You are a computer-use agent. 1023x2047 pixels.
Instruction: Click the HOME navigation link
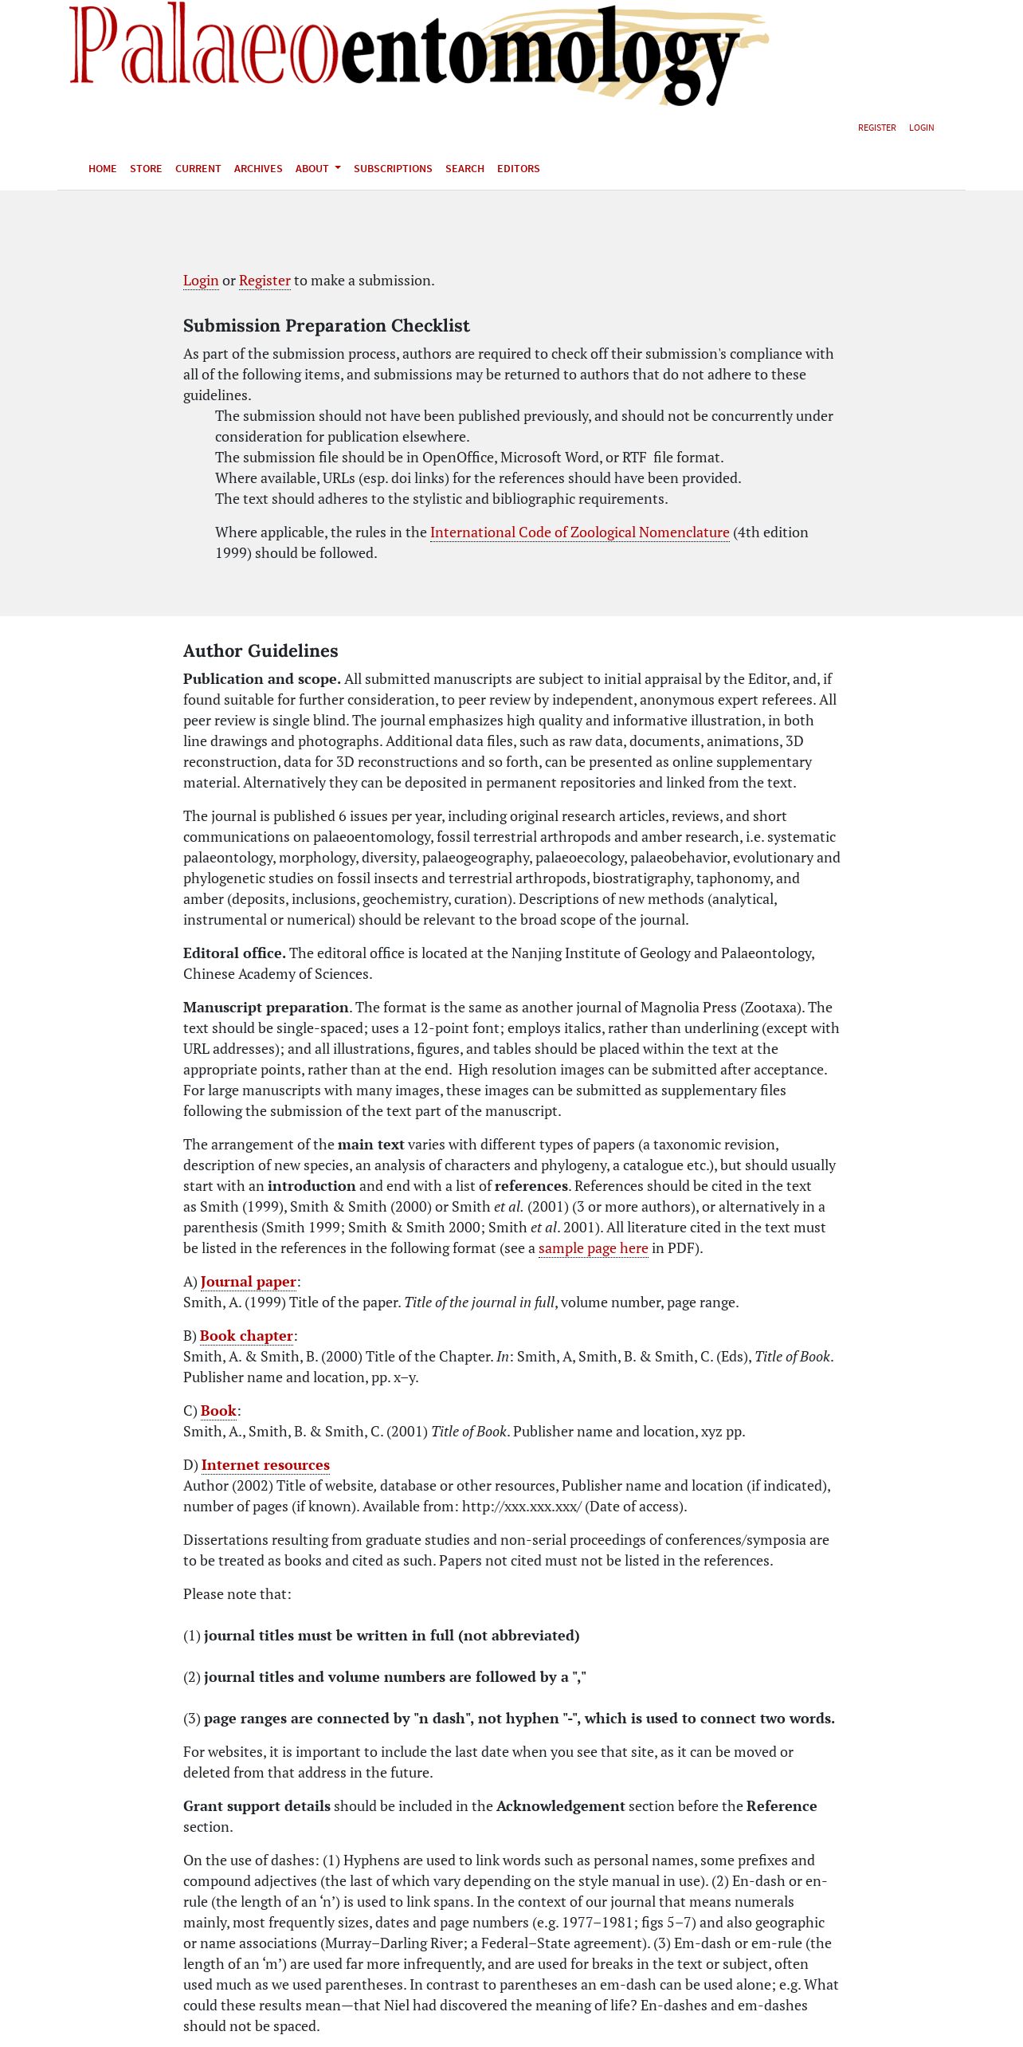pyautogui.click(x=102, y=169)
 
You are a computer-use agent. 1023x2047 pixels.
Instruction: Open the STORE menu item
pyautogui.click(x=146, y=169)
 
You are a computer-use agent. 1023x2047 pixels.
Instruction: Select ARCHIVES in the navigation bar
pyautogui.click(x=258, y=169)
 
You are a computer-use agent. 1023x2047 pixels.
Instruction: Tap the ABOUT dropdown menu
pyautogui.click(x=317, y=169)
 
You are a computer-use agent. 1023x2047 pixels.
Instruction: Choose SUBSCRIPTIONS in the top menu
pyautogui.click(x=393, y=169)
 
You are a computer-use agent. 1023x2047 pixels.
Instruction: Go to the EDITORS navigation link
pyautogui.click(x=518, y=169)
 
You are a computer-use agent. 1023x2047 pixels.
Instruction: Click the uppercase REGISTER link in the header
pyautogui.click(x=876, y=128)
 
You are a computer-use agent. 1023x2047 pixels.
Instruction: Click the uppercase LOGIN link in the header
pyautogui.click(x=921, y=128)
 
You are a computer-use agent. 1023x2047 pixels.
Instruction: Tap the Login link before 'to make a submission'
pyautogui.click(x=201, y=281)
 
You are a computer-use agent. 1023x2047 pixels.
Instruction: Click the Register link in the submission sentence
pyautogui.click(x=265, y=281)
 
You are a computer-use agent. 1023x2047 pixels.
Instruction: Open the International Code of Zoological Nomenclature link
pyautogui.click(x=579, y=532)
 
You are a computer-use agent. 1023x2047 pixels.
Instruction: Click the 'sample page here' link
pyautogui.click(x=593, y=1248)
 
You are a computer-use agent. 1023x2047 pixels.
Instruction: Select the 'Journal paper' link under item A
pyautogui.click(x=248, y=1282)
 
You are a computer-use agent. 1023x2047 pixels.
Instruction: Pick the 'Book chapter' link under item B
pyautogui.click(x=246, y=1336)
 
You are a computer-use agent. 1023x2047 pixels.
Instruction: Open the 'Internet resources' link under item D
pyautogui.click(x=265, y=1465)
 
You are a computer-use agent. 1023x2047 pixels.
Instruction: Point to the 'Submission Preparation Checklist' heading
pyautogui.click(x=326, y=326)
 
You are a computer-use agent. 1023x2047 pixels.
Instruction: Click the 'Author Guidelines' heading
pyautogui.click(x=261, y=651)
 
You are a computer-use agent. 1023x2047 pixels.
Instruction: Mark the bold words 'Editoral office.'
pyautogui.click(x=234, y=953)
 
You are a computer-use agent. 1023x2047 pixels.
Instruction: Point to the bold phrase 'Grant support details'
pyautogui.click(x=257, y=1806)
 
